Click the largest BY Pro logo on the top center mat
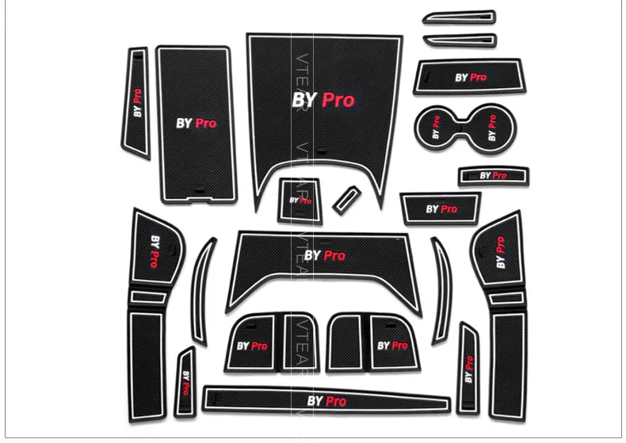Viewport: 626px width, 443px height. coord(323,100)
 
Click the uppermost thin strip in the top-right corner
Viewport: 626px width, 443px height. coord(459,17)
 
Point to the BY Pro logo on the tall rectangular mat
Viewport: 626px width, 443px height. coord(196,123)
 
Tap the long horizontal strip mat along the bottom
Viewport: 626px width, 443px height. coord(326,400)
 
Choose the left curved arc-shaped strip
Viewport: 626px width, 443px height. coord(203,292)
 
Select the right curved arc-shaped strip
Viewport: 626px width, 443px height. coord(441,292)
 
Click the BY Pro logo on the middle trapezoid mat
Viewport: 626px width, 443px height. coord(325,256)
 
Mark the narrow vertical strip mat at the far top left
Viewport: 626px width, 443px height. coord(137,103)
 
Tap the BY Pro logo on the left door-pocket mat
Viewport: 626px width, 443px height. coord(155,250)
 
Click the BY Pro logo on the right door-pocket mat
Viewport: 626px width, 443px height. coord(500,252)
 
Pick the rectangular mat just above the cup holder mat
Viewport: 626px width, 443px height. coord(470,78)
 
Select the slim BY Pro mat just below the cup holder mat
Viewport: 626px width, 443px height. coord(492,175)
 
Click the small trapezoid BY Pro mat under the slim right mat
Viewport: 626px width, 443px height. coord(441,209)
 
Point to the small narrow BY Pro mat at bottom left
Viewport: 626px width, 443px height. coord(186,381)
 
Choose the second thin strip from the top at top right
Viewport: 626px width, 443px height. coord(459,40)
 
